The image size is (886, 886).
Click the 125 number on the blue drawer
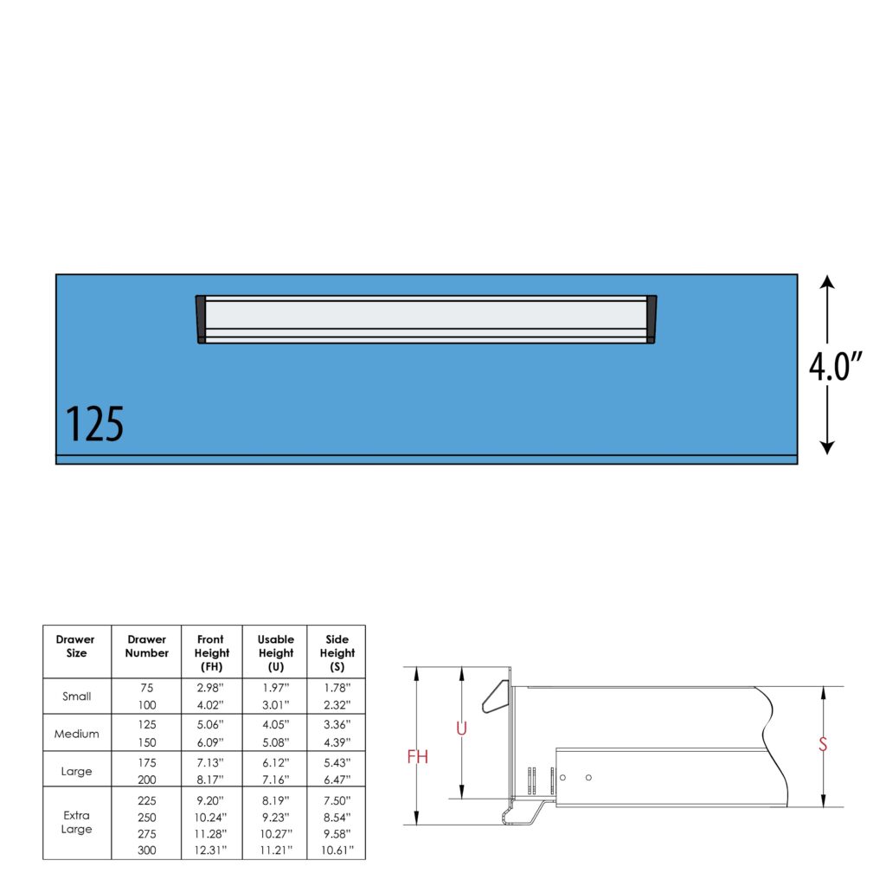[x=94, y=423]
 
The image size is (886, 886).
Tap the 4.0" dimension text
[x=835, y=366]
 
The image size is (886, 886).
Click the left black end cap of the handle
[x=201, y=319]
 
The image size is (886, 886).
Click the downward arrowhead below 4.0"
[x=827, y=447]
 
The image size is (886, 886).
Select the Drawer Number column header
[x=147, y=645]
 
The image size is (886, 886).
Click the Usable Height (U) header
[x=276, y=652]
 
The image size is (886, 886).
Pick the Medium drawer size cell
[x=76, y=734]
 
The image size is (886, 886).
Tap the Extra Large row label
[x=76, y=822]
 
